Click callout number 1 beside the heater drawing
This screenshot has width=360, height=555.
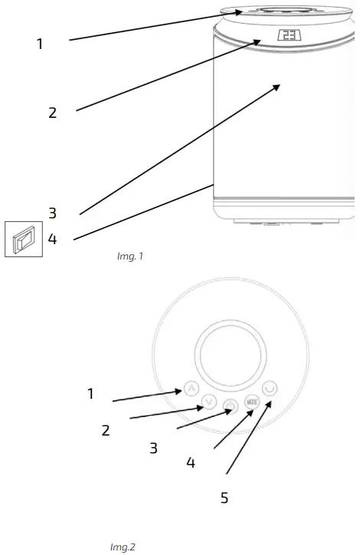[40, 44]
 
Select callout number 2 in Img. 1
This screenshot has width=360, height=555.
[52, 113]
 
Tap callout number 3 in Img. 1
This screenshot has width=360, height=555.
[52, 212]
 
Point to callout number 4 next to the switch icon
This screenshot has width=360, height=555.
[52, 239]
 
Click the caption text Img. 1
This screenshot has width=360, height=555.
[128, 256]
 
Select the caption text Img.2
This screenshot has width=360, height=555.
[123, 547]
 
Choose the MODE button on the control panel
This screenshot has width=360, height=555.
[252, 400]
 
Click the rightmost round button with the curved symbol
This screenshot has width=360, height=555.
[269, 388]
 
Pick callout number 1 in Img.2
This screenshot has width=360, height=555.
[90, 393]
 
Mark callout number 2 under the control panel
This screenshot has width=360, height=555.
[106, 429]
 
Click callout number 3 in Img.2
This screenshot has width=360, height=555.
[154, 448]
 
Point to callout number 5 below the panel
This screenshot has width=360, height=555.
[224, 498]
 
